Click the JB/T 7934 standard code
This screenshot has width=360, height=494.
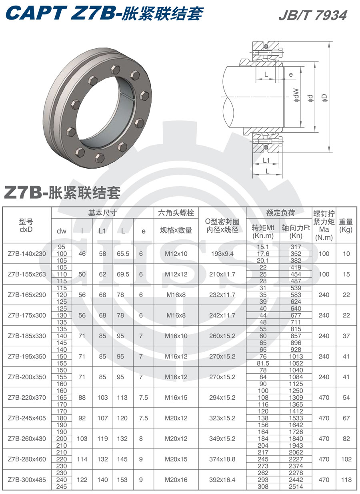(x=313, y=15)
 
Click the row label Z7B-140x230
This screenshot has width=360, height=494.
(x=27, y=254)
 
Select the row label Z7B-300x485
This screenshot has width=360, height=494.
(x=27, y=480)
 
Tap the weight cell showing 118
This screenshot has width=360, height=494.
(x=346, y=480)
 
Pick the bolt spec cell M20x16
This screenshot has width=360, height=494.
(x=176, y=480)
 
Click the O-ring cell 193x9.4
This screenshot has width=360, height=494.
(x=222, y=254)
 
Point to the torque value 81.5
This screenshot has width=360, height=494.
(x=263, y=363)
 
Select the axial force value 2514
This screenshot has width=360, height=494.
(x=296, y=486)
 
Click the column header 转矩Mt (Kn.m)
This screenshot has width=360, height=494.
(x=263, y=231)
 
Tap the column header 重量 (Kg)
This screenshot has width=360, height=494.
(x=346, y=226)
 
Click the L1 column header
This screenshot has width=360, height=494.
(x=102, y=231)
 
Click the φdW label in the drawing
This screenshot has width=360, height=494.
(x=296, y=96)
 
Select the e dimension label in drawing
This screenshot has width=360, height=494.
(x=291, y=75)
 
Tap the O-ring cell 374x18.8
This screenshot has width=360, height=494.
(x=222, y=459)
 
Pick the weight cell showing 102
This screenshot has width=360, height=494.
(x=346, y=459)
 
